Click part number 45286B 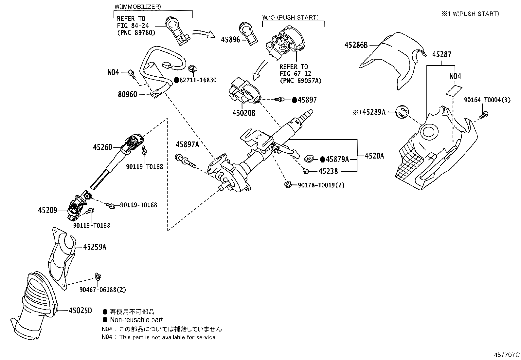pyautogui.click(x=356, y=45)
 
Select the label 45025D pyautogui.click(x=81, y=310)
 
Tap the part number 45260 pyautogui.click(x=102, y=147)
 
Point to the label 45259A pyautogui.click(x=95, y=247)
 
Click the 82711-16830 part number pyautogui.click(x=198, y=80)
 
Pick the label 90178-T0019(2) pyautogui.click(x=321, y=185)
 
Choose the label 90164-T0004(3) pyautogui.click(x=487, y=100)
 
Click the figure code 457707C pyautogui.click(x=507, y=355)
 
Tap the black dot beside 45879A pyautogui.click(x=322, y=159)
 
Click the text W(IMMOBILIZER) pyautogui.click(x=137, y=6)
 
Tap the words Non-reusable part pyautogui.click(x=136, y=320)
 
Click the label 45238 pyautogui.click(x=328, y=171)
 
